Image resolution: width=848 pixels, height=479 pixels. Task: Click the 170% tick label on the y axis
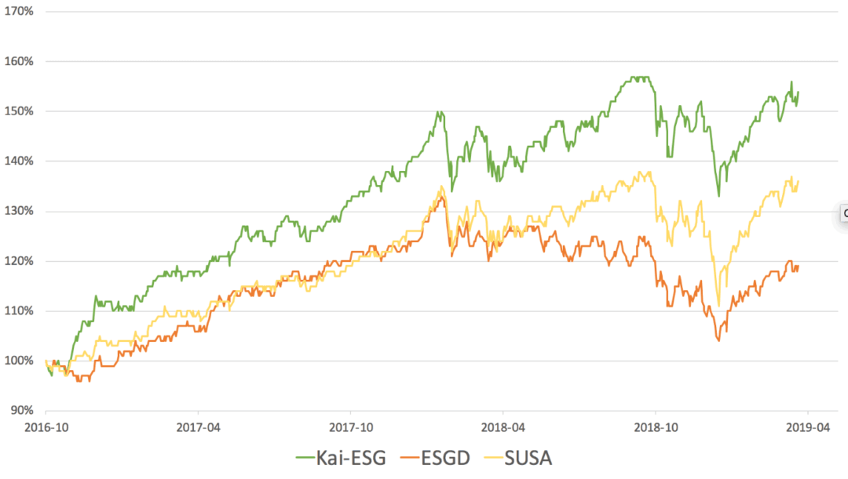20,11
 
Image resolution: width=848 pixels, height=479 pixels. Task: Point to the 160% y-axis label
20,61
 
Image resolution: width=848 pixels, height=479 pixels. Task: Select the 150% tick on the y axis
20,111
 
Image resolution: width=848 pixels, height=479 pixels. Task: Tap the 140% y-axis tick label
20,161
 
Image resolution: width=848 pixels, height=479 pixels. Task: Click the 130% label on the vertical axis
20,211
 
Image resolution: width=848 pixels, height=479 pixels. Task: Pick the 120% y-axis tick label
20,261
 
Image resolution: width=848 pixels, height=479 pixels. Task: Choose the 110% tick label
20,310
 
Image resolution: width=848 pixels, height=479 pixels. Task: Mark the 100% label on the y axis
20,361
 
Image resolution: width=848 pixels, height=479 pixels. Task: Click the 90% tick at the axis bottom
22,410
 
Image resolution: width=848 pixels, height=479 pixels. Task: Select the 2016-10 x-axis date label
45,428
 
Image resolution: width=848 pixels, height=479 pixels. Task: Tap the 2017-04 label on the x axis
198,428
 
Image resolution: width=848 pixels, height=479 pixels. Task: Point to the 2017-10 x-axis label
350,428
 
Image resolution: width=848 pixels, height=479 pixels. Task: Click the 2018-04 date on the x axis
503,428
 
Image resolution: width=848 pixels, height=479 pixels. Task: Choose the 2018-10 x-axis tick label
655,428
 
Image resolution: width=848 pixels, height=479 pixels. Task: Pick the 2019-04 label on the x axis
807,428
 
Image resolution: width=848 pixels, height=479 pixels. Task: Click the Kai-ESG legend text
353,458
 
